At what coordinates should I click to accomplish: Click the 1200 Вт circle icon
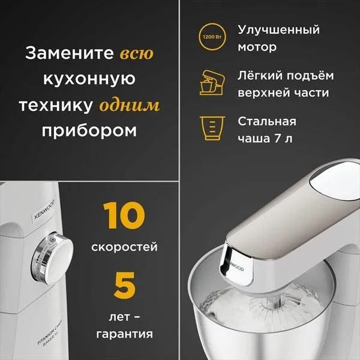[x=212, y=37]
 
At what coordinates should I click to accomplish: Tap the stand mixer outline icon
[x=212, y=83]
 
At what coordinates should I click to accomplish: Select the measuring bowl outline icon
[x=212, y=128]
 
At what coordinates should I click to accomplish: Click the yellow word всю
[x=137, y=53]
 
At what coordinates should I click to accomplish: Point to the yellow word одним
[x=129, y=105]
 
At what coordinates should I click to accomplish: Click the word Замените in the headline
[x=70, y=53]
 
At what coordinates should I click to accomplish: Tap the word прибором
[x=89, y=131]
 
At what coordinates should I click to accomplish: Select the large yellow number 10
[x=124, y=215]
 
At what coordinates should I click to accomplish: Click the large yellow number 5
[x=125, y=285]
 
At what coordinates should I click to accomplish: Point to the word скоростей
[x=124, y=247]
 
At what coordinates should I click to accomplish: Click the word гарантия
[x=124, y=334]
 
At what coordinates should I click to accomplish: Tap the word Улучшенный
[x=278, y=31]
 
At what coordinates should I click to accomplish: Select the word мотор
[x=257, y=47]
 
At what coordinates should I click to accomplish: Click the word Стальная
[x=267, y=121]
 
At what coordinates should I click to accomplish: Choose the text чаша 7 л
[x=265, y=139]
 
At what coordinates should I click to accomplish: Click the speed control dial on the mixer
[x=52, y=258]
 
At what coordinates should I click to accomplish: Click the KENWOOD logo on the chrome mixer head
[x=234, y=265]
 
